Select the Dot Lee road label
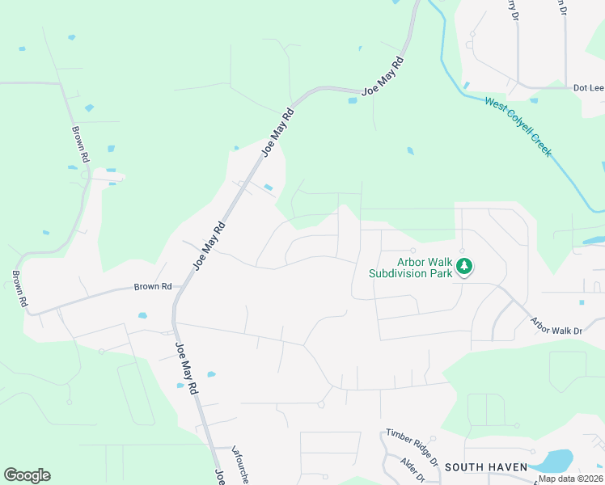pyautogui.click(x=589, y=88)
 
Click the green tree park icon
pyautogui.click(x=464, y=266)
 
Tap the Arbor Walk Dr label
pyautogui.click(x=556, y=326)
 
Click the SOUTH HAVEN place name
pyautogui.click(x=486, y=467)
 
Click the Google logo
pyautogui.click(x=27, y=475)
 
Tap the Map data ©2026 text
pyautogui.click(x=569, y=479)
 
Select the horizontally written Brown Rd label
pyautogui.click(x=153, y=287)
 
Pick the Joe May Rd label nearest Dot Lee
pyautogui.click(x=383, y=78)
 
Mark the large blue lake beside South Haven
pyautogui.click(x=552, y=461)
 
